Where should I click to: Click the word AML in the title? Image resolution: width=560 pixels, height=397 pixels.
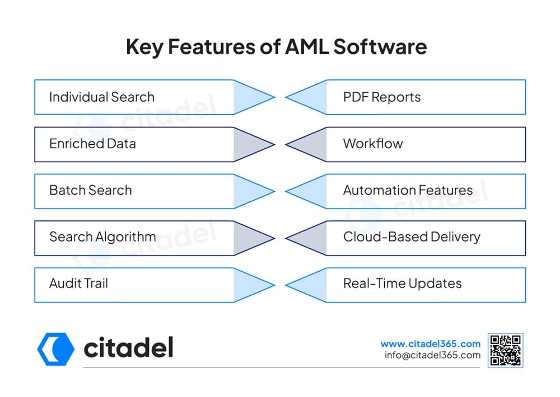pos(307,47)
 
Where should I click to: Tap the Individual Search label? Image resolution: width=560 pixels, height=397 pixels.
pos(102,97)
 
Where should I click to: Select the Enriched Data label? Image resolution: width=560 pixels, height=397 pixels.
pos(92,144)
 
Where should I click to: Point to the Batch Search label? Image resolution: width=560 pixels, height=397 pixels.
pos(90,191)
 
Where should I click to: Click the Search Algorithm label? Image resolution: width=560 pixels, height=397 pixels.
pos(102,237)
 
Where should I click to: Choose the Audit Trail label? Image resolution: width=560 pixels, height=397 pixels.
pos(78,283)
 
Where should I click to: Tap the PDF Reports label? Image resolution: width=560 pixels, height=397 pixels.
pos(382,97)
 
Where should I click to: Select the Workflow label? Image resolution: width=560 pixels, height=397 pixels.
pos(373,144)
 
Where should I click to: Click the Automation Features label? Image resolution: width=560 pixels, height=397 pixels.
pos(408,191)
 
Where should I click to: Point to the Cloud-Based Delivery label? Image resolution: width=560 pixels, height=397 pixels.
pos(412,237)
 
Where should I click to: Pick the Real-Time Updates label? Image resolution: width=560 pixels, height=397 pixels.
pos(403,284)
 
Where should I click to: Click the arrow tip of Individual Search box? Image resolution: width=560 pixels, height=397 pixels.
pos(274,97)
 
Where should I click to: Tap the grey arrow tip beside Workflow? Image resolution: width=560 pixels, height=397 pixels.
pos(286,144)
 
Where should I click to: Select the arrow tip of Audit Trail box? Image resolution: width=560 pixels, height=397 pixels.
pos(274,285)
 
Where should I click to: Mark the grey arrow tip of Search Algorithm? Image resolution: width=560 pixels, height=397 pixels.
pos(274,238)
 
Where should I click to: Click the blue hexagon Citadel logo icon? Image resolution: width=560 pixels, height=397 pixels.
pos(55,349)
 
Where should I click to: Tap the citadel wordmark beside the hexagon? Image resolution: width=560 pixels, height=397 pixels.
pos(129,348)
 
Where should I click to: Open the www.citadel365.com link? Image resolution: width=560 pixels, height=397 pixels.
pos(430,344)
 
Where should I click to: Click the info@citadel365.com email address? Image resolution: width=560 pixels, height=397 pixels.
pos(432,355)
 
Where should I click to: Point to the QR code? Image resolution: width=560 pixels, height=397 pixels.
pos(505,350)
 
